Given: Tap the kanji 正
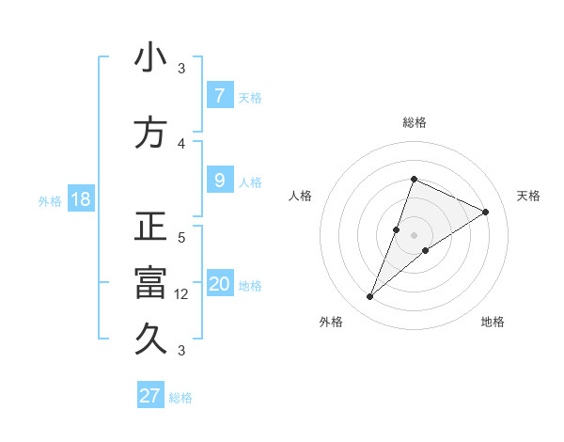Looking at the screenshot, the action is [150, 227].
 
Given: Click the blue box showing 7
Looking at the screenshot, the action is [219, 95].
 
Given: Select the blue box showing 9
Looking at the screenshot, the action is [219, 181].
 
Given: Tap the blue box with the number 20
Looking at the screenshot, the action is [220, 284].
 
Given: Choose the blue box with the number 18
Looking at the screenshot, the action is [80, 199].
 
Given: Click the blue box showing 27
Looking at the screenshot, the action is [150, 395].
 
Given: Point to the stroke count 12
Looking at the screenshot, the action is [182, 293].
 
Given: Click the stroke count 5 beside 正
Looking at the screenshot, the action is [181, 238].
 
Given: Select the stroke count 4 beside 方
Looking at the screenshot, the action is [181, 144].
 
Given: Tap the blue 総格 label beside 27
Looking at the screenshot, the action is [180, 397].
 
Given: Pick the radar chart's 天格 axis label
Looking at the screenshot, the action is [528, 196].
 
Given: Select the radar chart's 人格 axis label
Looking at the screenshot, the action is [301, 196].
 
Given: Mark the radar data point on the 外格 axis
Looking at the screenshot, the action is [370, 297].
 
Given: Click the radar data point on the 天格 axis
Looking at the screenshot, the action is [486, 212].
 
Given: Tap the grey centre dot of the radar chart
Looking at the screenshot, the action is [415, 235].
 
